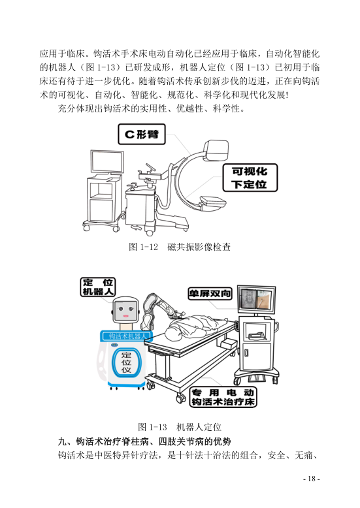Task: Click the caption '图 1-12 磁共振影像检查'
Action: [x=180, y=247]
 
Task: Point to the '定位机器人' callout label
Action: [x=98, y=287]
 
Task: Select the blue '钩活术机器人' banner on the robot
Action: [x=126, y=336]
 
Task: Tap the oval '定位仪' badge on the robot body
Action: [x=125, y=362]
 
